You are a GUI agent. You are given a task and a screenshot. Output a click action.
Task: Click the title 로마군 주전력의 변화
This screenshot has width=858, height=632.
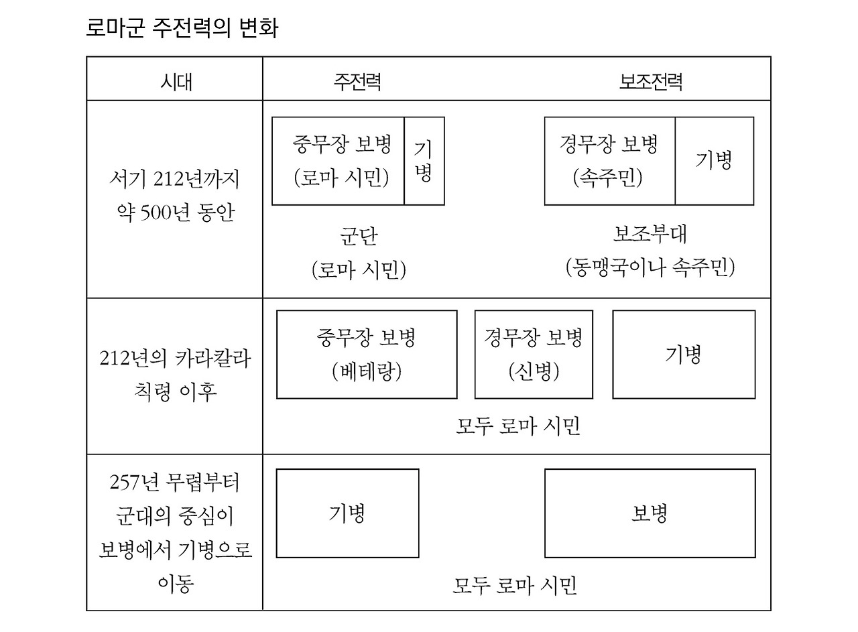[x=182, y=29]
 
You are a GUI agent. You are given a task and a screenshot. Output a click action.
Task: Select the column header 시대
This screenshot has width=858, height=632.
[x=175, y=81]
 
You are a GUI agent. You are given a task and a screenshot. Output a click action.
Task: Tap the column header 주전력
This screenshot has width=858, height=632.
[x=358, y=81]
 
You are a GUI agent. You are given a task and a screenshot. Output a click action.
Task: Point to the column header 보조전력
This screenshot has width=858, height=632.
[x=650, y=81]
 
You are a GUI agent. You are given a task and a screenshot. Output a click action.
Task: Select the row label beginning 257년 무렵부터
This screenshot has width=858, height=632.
[x=175, y=533]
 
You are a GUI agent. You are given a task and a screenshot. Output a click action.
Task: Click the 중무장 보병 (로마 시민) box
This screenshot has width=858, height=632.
[x=339, y=161]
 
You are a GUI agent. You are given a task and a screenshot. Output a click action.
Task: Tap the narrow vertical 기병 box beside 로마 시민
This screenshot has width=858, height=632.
[x=424, y=161]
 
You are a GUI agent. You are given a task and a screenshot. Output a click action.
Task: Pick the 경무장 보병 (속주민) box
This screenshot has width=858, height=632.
[x=609, y=161]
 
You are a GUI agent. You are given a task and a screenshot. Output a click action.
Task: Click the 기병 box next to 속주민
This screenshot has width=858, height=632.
[x=714, y=161]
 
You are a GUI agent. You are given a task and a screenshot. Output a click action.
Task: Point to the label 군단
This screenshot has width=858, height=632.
[x=358, y=237]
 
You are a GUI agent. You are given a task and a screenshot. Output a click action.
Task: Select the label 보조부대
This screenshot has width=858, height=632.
[x=650, y=234]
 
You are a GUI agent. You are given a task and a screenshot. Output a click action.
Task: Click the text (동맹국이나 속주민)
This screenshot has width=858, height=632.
[x=650, y=267]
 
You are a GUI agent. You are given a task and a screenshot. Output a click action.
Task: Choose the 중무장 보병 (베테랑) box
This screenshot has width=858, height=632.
[x=367, y=354]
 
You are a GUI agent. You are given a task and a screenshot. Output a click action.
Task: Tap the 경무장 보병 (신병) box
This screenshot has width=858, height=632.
[x=534, y=354]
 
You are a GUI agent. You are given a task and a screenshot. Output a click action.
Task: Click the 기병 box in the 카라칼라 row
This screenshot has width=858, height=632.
[x=684, y=354]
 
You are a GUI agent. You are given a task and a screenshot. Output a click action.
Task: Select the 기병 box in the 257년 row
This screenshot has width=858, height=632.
[x=347, y=513]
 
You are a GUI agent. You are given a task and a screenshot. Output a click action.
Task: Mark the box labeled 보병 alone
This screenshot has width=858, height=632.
[x=650, y=513]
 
